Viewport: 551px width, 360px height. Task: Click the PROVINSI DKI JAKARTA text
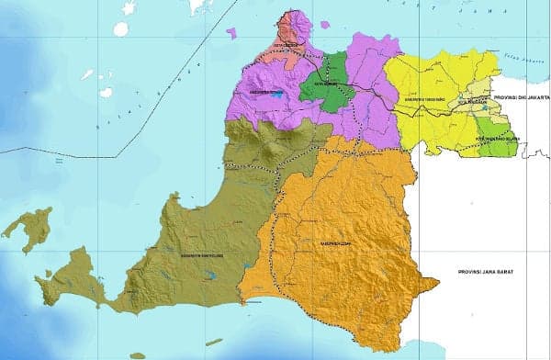[520, 96]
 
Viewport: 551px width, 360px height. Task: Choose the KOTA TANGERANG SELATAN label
[497, 138]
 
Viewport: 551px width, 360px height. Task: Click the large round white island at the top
[121, 28]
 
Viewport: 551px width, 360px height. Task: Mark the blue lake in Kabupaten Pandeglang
[210, 274]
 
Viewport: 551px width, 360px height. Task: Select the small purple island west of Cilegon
[231, 34]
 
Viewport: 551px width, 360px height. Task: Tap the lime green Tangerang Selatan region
[497, 145]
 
